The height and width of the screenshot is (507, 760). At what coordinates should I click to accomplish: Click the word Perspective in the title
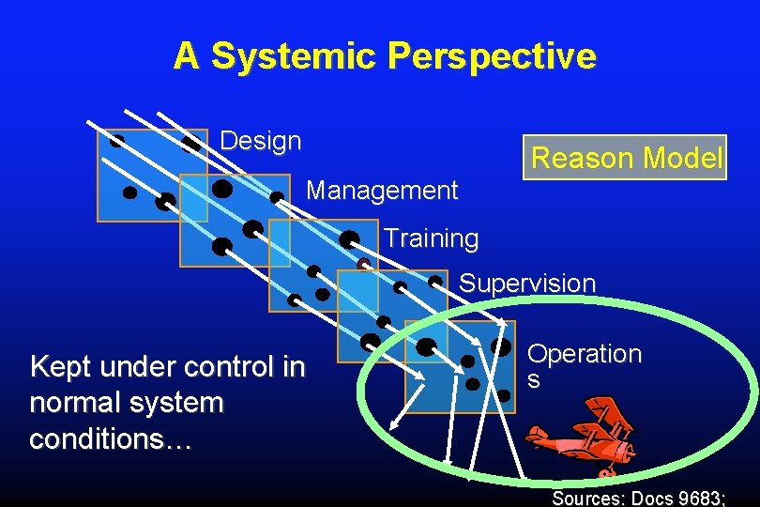(x=492, y=56)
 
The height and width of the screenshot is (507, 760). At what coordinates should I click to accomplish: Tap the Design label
(x=261, y=142)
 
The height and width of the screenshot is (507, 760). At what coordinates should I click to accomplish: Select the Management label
(x=382, y=192)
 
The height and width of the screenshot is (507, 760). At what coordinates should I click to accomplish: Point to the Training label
(x=431, y=238)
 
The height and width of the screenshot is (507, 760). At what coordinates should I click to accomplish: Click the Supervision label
(x=526, y=283)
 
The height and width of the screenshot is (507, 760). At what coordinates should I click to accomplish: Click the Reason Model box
(x=627, y=158)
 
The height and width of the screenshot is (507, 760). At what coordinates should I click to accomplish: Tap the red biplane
(x=582, y=437)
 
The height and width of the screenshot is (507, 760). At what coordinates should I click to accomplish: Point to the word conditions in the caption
(x=111, y=438)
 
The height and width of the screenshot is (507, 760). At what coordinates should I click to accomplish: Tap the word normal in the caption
(x=73, y=403)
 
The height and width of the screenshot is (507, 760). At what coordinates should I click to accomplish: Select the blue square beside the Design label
(x=151, y=175)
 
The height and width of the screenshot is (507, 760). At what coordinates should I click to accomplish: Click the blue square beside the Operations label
(x=459, y=366)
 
